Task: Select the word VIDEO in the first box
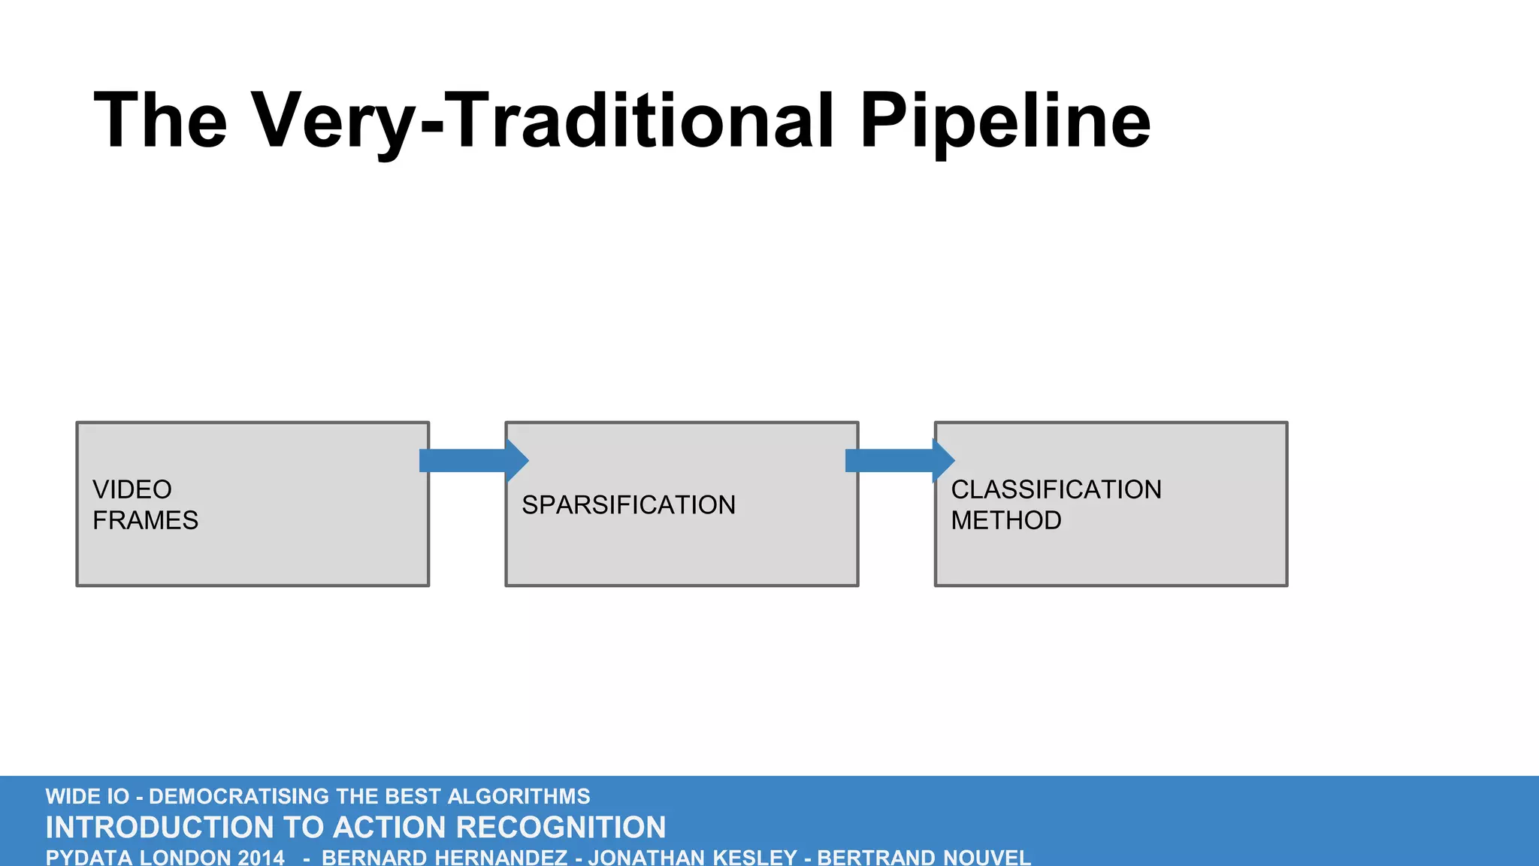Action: [132, 489]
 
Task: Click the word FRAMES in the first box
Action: [145, 520]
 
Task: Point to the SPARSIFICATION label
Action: [628, 505]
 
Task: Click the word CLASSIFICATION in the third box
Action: [1056, 489]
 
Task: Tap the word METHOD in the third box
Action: [1005, 520]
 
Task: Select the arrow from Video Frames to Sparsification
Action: [473, 460]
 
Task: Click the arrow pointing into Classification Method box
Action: [900, 460]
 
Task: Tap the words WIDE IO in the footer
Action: [87, 796]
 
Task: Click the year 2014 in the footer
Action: [261, 858]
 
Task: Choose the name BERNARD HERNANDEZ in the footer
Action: [444, 858]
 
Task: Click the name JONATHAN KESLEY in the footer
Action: [692, 858]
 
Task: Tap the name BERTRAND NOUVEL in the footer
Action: [924, 858]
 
